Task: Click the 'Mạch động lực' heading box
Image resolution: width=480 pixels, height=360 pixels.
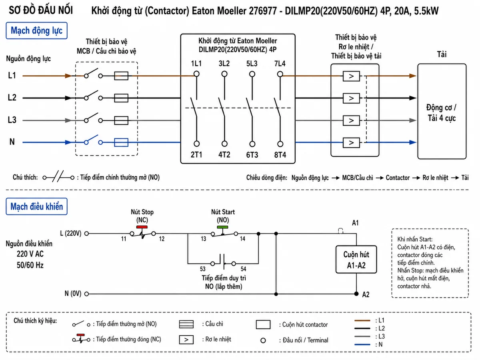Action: pyautogui.click(x=36, y=31)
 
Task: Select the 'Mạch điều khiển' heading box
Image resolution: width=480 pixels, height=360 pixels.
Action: pyautogui.click(x=36, y=206)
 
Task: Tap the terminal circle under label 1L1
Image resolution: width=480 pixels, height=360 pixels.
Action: pyautogui.click(x=196, y=74)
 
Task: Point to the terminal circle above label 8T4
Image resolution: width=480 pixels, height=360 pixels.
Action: pyautogui.click(x=280, y=144)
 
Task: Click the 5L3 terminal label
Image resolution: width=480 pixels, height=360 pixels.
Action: pyautogui.click(x=252, y=64)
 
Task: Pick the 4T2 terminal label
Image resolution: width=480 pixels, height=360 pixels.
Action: pyautogui.click(x=224, y=155)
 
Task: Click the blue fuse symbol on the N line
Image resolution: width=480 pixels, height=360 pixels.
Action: pyautogui.click(x=121, y=142)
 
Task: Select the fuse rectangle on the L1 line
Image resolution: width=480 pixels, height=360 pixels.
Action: pyautogui.click(x=121, y=76)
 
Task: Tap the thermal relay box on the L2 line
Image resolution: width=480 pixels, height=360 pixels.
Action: pyautogui.click(x=351, y=98)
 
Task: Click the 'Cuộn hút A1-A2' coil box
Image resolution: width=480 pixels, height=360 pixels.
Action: pyautogui.click(x=356, y=260)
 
